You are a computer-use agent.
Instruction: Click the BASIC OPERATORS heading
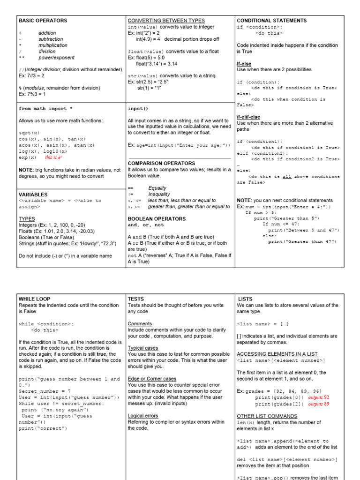(43, 21)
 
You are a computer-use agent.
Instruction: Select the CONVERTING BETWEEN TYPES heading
(166, 21)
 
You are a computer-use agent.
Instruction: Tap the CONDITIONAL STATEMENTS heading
(272, 21)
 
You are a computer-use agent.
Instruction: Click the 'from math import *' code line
(45, 109)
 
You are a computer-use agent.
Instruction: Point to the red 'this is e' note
(54, 157)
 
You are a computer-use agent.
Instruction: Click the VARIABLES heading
(33, 194)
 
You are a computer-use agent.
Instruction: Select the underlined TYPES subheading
(27, 219)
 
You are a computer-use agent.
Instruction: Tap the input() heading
(138, 109)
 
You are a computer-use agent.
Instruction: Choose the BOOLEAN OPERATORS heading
(157, 219)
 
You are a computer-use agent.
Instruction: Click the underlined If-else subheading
(244, 63)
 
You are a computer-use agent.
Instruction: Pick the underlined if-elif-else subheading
(248, 117)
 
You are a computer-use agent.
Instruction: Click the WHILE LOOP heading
(34, 299)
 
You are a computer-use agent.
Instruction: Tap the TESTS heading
(136, 299)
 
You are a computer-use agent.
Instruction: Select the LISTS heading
(247, 299)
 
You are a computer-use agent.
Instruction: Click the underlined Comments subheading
(140, 323)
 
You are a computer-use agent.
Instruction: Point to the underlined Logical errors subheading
(143, 415)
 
